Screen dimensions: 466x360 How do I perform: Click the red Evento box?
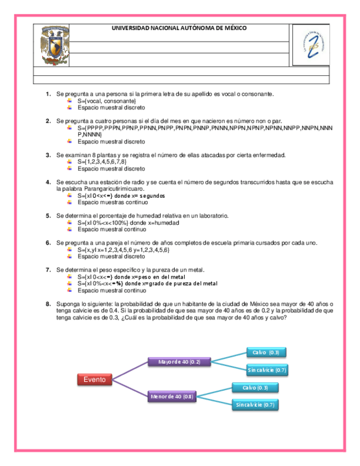[x=94, y=379]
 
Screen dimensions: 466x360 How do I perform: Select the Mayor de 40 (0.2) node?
[x=179, y=362]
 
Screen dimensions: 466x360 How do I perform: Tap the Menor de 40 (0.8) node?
[x=172, y=396]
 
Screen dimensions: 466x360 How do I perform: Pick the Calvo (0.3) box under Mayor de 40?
[x=267, y=352]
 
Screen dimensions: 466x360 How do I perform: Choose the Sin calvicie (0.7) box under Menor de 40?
[x=255, y=405]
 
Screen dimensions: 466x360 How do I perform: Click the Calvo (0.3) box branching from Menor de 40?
[x=255, y=387]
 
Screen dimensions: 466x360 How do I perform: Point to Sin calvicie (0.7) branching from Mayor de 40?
[x=267, y=370]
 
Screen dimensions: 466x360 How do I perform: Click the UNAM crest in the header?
[x=53, y=46]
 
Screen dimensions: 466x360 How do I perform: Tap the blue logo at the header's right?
[x=312, y=46]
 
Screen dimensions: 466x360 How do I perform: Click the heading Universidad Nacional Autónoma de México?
[x=179, y=28]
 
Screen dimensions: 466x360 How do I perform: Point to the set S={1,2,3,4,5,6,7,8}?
[x=102, y=162]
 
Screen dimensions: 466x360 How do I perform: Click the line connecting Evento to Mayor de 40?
[x=131, y=371]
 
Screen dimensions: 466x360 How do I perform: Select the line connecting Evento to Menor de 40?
[x=131, y=388]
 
